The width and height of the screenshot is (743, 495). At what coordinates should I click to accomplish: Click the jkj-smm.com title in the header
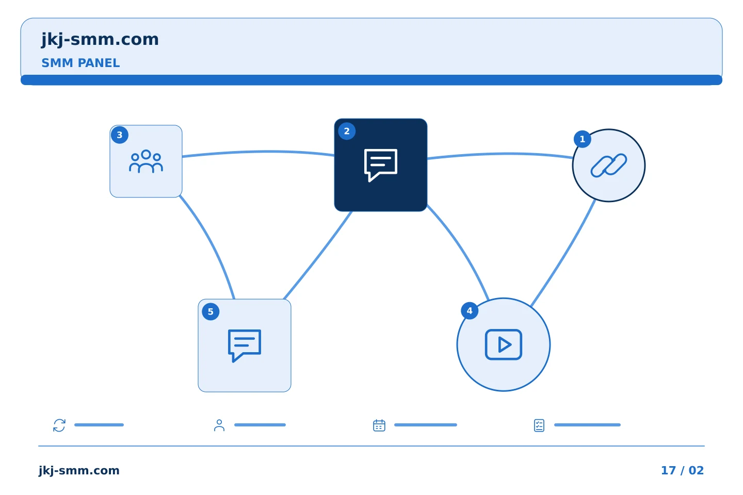(x=100, y=40)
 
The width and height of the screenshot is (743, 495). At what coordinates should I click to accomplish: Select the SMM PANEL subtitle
(x=80, y=63)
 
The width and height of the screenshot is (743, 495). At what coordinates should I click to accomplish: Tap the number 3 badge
(x=120, y=135)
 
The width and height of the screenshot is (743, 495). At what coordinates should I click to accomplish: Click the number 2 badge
(x=347, y=131)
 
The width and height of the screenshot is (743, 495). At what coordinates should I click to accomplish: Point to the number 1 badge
(x=582, y=139)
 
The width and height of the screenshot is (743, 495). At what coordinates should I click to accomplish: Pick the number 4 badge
(x=470, y=310)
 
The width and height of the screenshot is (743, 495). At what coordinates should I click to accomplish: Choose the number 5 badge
(x=211, y=311)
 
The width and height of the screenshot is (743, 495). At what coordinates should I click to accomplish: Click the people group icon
(x=146, y=161)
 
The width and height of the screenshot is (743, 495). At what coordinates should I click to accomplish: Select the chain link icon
(x=609, y=166)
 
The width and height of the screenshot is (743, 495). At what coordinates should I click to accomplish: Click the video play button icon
(x=503, y=344)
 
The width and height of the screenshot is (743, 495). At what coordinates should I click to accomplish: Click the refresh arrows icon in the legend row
(x=59, y=425)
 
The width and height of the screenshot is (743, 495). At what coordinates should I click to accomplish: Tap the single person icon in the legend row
(x=219, y=425)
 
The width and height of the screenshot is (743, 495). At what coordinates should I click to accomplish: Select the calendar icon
(x=379, y=425)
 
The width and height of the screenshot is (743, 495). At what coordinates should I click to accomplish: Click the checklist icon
(x=539, y=425)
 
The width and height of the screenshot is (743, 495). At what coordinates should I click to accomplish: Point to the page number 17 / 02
(x=682, y=470)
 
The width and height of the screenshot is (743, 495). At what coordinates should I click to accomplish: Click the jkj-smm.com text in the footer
(x=79, y=471)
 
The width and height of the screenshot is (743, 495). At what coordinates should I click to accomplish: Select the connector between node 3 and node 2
(x=259, y=152)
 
